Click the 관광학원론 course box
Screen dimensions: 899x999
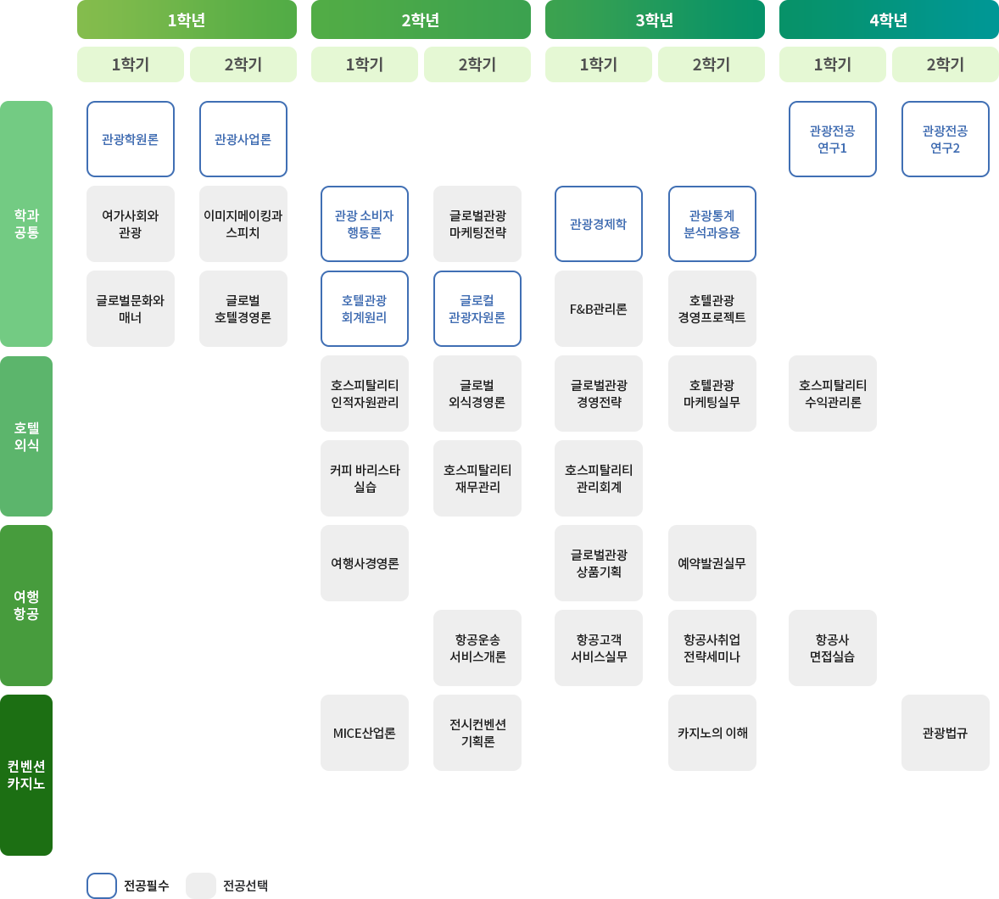click(x=131, y=139)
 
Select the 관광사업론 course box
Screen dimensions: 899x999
click(x=243, y=139)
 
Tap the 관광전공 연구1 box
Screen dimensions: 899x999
click(x=833, y=139)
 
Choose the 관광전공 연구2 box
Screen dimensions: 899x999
click(x=946, y=139)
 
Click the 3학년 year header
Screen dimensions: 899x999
click(x=655, y=20)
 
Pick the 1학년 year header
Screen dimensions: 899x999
click(x=187, y=20)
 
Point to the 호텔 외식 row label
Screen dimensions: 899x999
click(x=26, y=436)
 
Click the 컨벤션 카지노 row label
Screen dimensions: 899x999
click(x=26, y=774)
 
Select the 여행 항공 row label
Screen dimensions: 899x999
click(x=26, y=605)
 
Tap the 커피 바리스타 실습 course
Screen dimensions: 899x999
click(x=365, y=478)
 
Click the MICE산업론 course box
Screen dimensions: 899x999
click(x=365, y=733)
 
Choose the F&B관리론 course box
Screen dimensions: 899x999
click(x=599, y=309)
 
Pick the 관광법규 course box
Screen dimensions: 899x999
click(x=946, y=733)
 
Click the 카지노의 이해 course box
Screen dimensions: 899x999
click(x=712, y=733)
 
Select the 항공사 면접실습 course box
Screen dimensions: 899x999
click(x=833, y=648)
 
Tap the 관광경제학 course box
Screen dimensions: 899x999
click(x=599, y=224)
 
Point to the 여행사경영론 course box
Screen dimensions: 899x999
click(x=365, y=563)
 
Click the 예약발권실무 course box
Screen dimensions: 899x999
click(x=712, y=563)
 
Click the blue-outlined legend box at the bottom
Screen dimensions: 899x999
click(x=102, y=885)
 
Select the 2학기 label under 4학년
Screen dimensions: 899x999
click(x=946, y=64)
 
